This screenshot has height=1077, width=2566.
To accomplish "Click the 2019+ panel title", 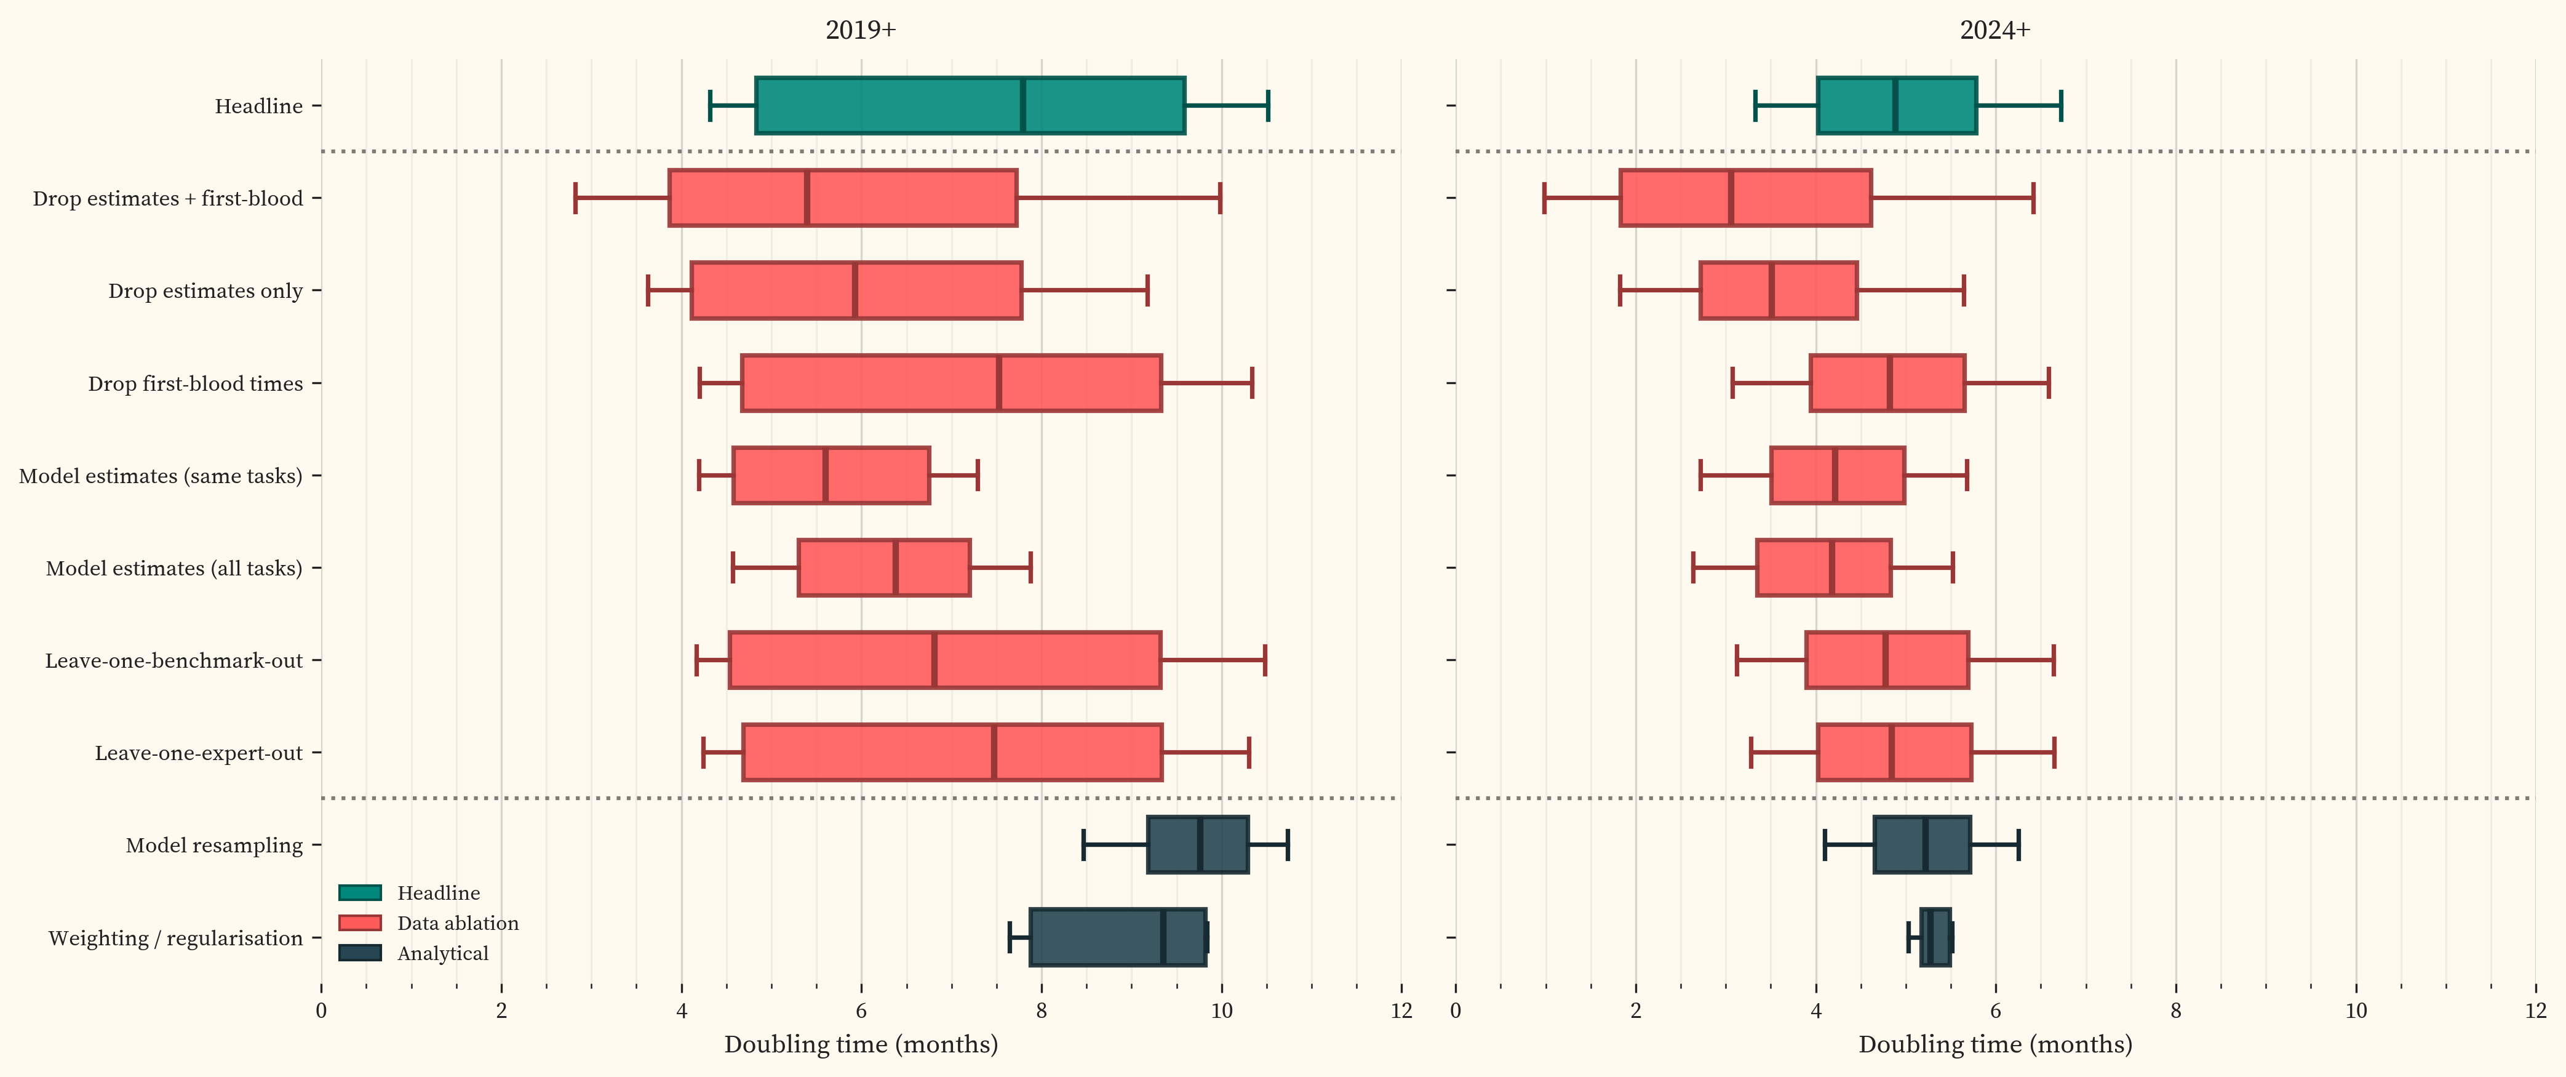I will click(x=861, y=30).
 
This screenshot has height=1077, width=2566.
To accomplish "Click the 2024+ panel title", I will click(x=1994, y=30).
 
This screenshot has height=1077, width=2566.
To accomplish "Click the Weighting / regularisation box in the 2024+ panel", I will click(x=1934, y=937).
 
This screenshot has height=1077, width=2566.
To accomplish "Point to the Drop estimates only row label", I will click(x=205, y=291).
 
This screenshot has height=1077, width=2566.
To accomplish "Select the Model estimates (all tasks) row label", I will click(x=173, y=568).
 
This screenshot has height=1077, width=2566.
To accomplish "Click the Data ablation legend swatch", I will click(x=360, y=923).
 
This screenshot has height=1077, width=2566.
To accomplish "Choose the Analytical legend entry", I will click(x=442, y=953).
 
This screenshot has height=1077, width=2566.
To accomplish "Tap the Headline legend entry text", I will click(x=438, y=893).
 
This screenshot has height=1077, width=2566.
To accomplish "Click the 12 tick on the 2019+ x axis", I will click(x=1401, y=1011).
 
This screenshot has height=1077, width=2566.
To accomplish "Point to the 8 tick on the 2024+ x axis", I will click(x=2175, y=1011).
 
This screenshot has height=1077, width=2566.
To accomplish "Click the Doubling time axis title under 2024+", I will click(x=1994, y=1044).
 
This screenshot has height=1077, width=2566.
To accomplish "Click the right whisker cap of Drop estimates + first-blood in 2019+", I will click(x=1220, y=198).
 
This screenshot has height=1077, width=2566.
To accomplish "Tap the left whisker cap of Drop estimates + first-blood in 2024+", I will click(x=1544, y=198).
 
